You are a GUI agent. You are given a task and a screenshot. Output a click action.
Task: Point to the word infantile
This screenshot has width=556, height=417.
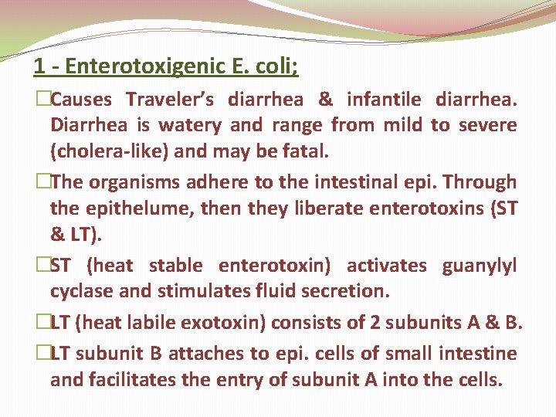[384, 100]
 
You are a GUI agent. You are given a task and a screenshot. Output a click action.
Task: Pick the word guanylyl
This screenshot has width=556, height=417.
[479, 266]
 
